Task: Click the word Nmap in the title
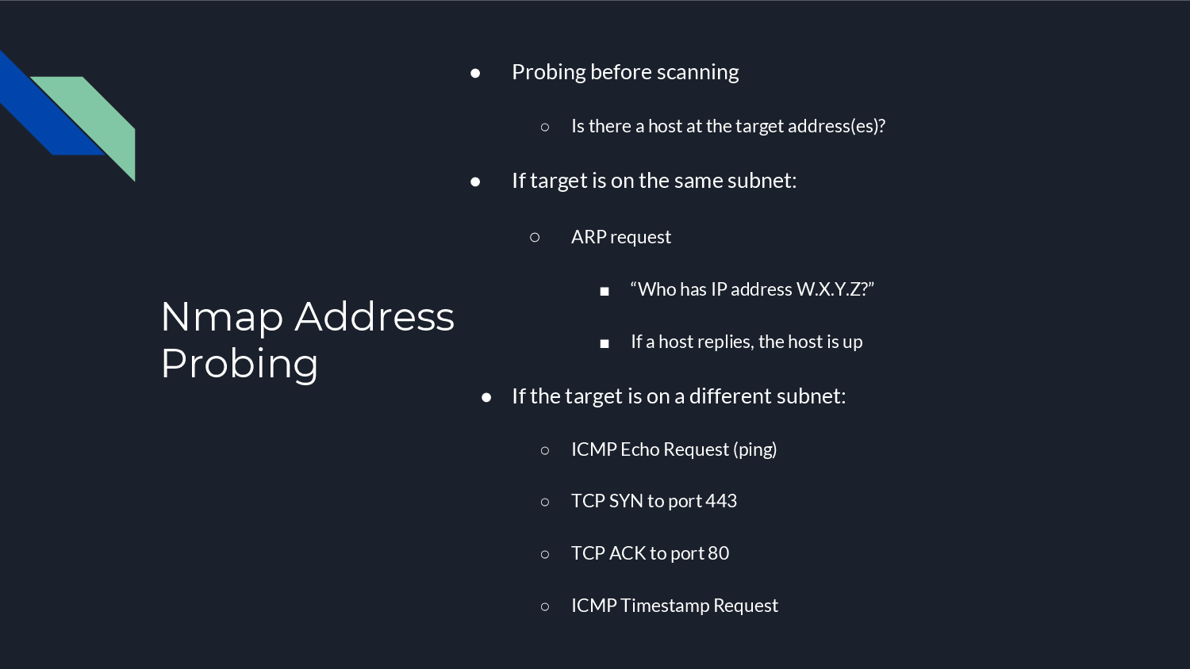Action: coord(221,317)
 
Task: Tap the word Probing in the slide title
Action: coord(239,364)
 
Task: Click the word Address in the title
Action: coord(374,317)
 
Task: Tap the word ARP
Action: coord(589,237)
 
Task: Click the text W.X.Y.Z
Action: coord(827,289)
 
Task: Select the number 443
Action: coord(721,501)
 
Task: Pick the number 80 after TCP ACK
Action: coord(718,553)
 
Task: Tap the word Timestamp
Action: coord(665,606)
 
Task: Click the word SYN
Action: coord(626,501)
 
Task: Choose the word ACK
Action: coord(627,553)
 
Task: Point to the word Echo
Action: coord(640,449)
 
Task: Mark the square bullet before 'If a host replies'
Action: coord(605,343)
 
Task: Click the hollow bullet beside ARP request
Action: coord(535,237)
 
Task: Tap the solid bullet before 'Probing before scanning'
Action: coord(475,73)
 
